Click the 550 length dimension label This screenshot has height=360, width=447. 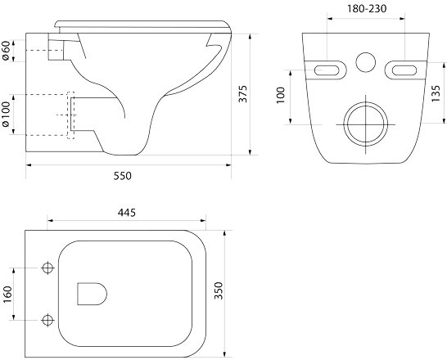[123, 176]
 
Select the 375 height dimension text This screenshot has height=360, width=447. [243, 94]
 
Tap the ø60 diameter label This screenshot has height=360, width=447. [7, 51]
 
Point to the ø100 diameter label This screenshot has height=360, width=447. [6, 115]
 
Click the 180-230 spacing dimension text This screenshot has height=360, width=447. [367, 9]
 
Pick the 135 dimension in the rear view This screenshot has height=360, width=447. [436, 93]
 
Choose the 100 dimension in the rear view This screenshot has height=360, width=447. [281, 96]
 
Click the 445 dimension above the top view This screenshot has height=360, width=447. [127, 213]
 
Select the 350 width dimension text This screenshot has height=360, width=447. [219, 290]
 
